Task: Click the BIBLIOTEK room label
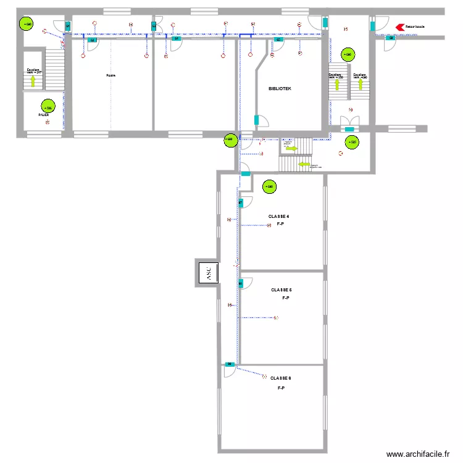pyautogui.click(x=280, y=89)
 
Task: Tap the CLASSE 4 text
pyautogui.click(x=279, y=217)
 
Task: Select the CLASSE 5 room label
pyautogui.click(x=282, y=290)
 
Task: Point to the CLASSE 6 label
pyautogui.click(x=280, y=378)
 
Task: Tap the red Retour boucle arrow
pyautogui.click(x=399, y=27)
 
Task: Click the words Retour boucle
pyautogui.click(x=415, y=27)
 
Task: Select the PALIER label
pyautogui.click(x=43, y=115)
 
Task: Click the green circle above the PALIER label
pyautogui.click(x=47, y=106)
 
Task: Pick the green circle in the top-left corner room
pyautogui.click(x=27, y=24)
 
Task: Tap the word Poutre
pyautogui.click(x=111, y=75)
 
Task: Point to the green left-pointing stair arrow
pyautogui.click(x=304, y=165)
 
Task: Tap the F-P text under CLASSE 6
pyautogui.click(x=280, y=388)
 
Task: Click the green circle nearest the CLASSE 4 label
pyautogui.click(x=269, y=186)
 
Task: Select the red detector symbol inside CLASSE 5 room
pyautogui.click(x=276, y=318)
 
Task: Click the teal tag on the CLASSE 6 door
pyautogui.click(x=229, y=364)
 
